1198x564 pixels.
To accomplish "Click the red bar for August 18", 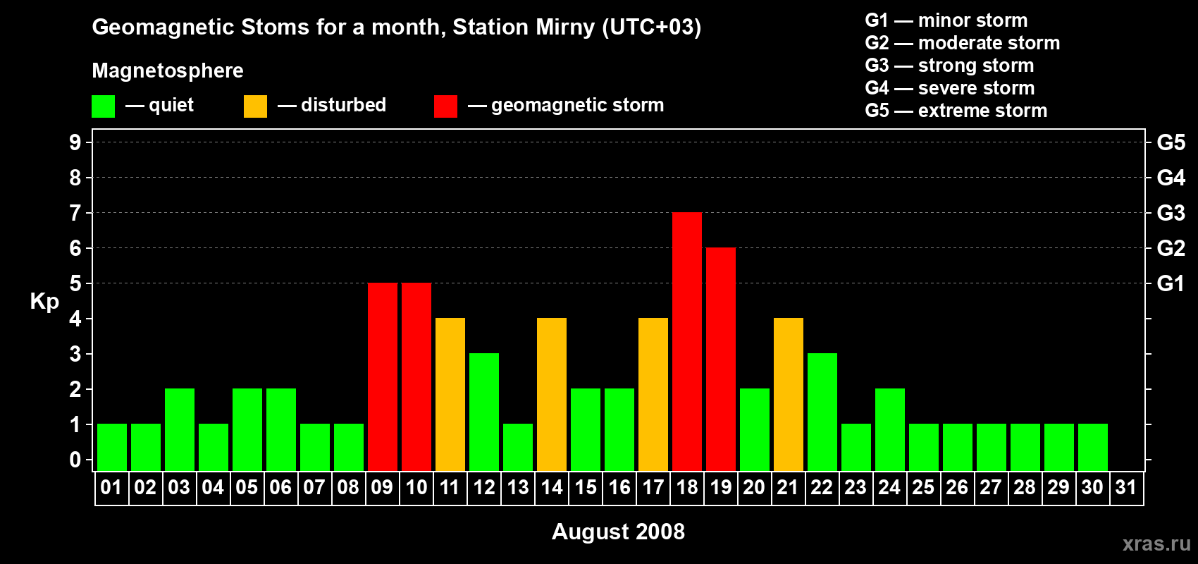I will tap(687, 341).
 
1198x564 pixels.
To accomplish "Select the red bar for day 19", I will tap(721, 359).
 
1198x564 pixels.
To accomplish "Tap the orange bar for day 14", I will tap(552, 394).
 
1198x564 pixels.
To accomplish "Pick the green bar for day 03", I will tap(180, 429).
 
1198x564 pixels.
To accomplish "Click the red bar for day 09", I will tap(383, 376).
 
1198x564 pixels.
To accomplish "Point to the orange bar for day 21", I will tap(789, 394).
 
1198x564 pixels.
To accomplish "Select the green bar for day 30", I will tap(1093, 447).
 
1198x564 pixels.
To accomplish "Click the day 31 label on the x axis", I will tap(1126, 487).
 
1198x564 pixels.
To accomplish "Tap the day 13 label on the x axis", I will tap(518, 487).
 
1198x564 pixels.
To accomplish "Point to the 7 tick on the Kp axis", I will tap(75, 213).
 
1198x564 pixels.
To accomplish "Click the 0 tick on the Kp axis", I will tap(75, 460).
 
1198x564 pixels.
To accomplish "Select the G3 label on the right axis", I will tap(1171, 213).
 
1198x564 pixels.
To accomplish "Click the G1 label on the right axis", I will tap(1171, 283).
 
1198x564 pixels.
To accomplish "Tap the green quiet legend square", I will tap(104, 106).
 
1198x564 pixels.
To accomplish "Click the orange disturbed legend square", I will tap(256, 106).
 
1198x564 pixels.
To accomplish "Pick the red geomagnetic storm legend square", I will tap(445, 106).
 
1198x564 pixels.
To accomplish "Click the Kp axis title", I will tap(44, 302).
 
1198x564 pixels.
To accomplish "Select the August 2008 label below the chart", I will tap(618, 532).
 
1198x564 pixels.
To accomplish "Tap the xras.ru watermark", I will tap(1156, 543).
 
